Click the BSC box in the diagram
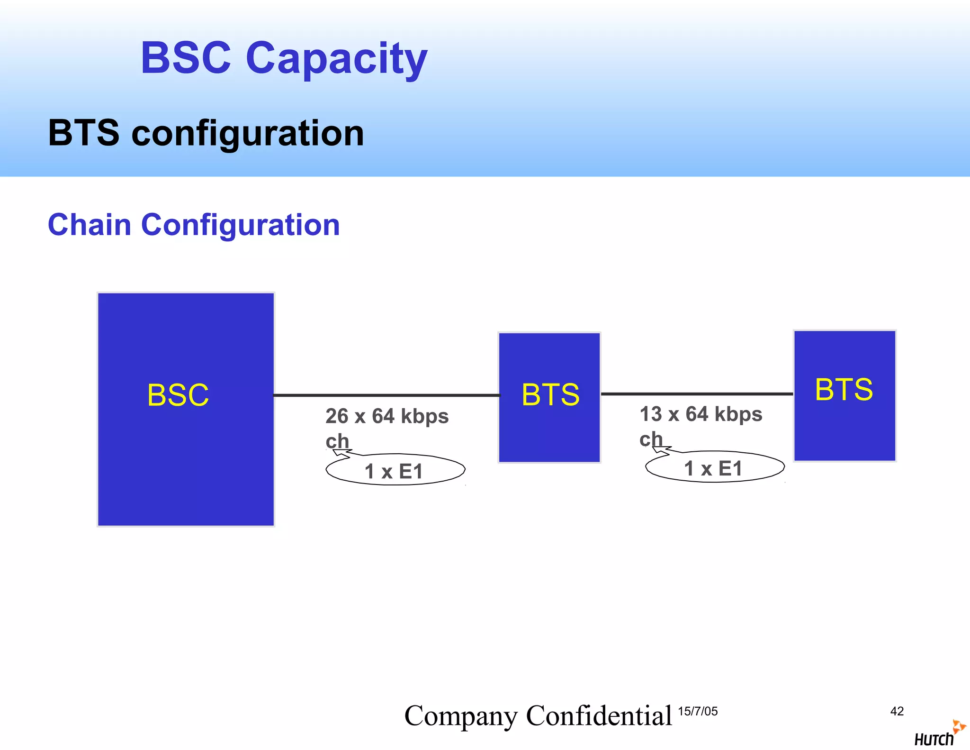tap(186, 409)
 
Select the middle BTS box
tap(549, 397)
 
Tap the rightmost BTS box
tap(844, 395)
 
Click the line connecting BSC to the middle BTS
tap(386, 395)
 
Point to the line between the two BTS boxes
tap(697, 393)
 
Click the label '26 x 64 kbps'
tap(387, 416)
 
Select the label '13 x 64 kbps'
tap(701, 414)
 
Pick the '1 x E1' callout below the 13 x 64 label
tap(715, 468)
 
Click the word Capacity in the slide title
tap(336, 59)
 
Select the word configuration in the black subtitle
tap(247, 134)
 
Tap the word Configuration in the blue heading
tap(241, 225)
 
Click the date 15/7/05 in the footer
tap(698, 711)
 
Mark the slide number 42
tap(897, 711)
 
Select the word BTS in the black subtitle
tap(84, 133)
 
